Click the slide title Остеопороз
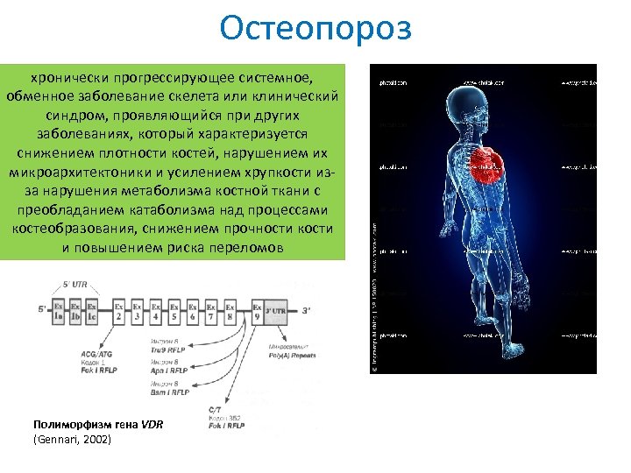click(315, 28)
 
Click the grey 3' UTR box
click(276, 310)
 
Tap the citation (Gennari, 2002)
click(72, 439)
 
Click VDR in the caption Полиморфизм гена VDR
click(152, 426)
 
